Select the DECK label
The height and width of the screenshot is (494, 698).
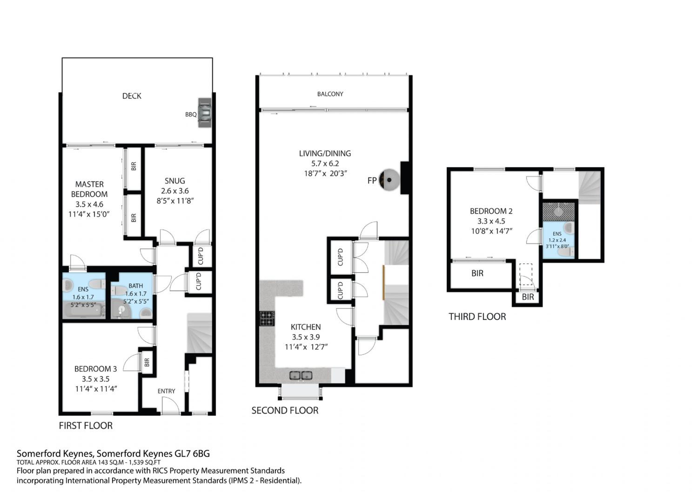pos(132,96)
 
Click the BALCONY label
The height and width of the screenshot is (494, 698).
pos(330,94)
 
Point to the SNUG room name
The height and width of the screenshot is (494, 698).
pos(175,181)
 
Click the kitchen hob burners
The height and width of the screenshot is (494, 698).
pos(267,318)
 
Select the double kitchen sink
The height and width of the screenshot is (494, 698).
pos(301,375)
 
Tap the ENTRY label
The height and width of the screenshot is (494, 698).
pos(166,391)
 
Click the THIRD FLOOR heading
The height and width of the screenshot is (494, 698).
pos(477,317)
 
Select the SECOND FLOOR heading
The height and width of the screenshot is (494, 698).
pos(285,410)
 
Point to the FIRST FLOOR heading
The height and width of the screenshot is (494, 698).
pos(86,426)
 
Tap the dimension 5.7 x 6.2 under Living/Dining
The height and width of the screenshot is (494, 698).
pos(325,163)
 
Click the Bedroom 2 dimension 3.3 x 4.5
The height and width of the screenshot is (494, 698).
pos(491,221)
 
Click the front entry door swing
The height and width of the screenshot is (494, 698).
pos(170,406)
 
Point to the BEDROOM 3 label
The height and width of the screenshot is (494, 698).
pos(96,369)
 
